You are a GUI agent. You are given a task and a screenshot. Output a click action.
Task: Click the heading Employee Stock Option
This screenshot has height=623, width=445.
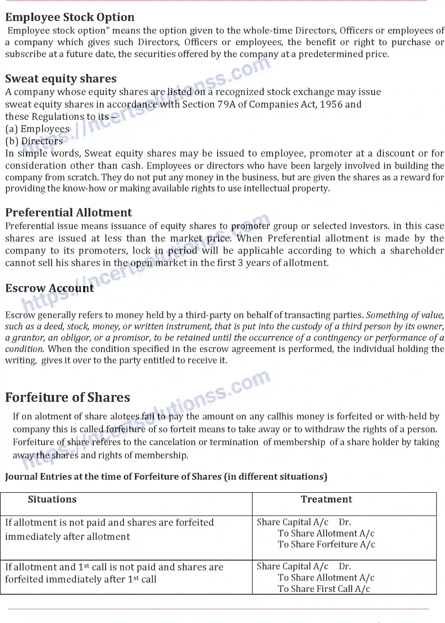pos(70,17)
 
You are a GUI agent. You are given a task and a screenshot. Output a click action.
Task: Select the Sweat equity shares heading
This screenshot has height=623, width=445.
pos(61,78)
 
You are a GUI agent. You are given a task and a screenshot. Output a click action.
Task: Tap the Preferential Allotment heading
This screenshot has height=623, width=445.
pos(68,212)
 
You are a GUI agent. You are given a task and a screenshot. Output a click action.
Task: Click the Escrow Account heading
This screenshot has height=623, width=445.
pos(50,288)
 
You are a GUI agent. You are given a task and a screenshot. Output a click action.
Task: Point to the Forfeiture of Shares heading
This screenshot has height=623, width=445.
pos(67,397)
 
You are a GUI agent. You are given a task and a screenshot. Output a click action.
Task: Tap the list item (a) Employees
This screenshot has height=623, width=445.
pos(37,129)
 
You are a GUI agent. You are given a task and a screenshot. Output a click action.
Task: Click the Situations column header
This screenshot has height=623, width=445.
pos(52,499)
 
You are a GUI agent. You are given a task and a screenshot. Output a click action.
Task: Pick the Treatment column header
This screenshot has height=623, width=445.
pos(326,499)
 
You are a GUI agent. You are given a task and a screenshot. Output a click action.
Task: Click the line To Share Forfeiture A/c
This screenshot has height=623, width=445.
pos(326,544)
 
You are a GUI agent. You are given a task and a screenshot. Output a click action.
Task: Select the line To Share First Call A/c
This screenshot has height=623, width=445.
pos(324,589)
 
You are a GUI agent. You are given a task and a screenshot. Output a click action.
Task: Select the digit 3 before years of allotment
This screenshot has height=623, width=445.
pos(240,263)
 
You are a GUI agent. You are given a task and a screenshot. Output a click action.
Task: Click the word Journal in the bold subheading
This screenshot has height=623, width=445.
pos(22,477)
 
